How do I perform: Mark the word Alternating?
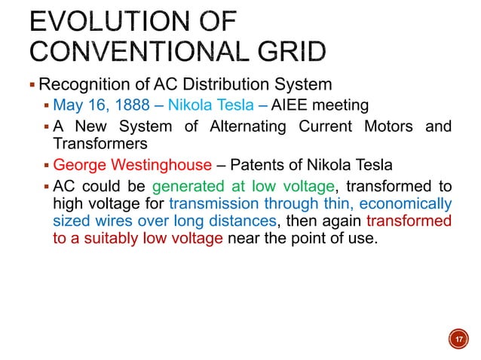point(240,127)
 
